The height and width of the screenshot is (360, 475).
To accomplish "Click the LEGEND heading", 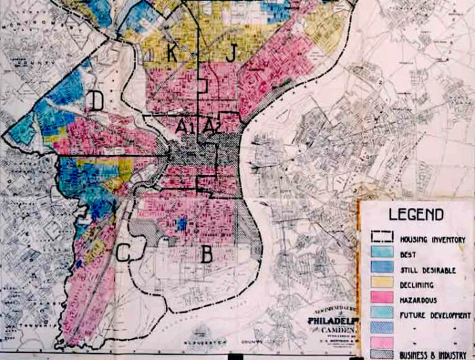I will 416,215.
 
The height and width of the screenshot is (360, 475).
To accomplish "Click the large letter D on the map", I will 96,102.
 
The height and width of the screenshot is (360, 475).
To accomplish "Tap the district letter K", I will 172,52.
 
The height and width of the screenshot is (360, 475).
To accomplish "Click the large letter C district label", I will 124,252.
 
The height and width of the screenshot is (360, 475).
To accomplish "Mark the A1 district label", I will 185,126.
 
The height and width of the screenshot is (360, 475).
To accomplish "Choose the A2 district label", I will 211,126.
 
